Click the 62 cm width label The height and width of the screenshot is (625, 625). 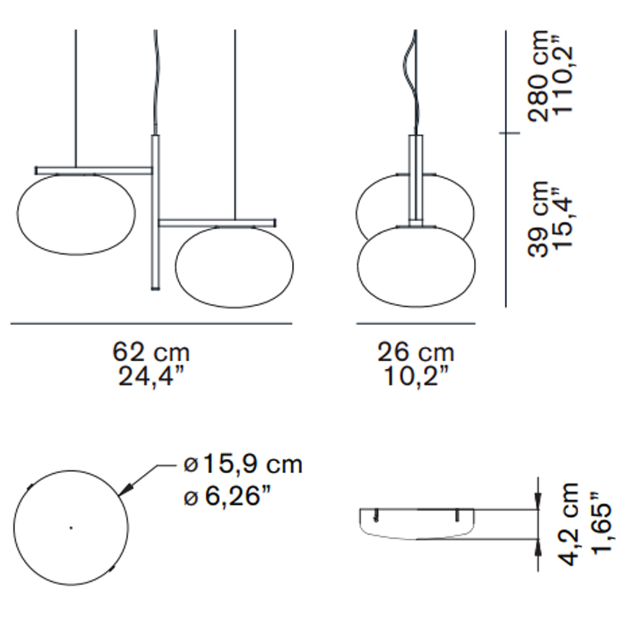click(151, 352)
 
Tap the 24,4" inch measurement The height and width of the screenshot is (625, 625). click(151, 376)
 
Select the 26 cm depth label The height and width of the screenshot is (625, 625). click(416, 352)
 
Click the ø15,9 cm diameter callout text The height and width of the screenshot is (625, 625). click(242, 464)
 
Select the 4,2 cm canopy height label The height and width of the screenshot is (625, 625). click(567, 524)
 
